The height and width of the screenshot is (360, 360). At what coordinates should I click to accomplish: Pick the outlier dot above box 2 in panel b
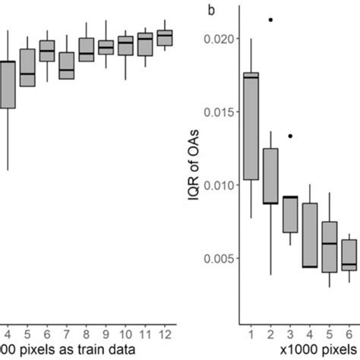pyautogui.click(x=270, y=20)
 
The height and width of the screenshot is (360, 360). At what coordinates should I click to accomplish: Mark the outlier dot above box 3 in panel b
pyautogui.click(x=290, y=136)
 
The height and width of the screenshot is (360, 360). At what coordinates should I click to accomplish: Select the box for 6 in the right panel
pyautogui.click(x=349, y=255)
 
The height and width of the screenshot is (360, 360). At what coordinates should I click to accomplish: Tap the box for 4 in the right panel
pyautogui.click(x=309, y=235)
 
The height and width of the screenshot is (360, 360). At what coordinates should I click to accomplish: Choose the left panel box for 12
pyautogui.click(x=164, y=38)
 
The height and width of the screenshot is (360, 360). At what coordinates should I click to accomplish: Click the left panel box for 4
pyautogui.click(x=7, y=84)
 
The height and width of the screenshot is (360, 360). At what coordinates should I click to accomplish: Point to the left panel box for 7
pyautogui.click(x=66, y=65)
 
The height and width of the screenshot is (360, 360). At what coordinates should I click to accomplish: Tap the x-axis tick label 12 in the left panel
pyautogui.click(x=164, y=332)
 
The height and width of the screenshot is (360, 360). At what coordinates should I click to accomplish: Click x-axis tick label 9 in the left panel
pyautogui.click(x=106, y=332)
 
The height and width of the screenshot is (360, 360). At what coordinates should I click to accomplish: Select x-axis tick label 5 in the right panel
pyautogui.click(x=329, y=332)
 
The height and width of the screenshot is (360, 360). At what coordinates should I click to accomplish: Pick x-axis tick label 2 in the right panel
pyautogui.click(x=270, y=332)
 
